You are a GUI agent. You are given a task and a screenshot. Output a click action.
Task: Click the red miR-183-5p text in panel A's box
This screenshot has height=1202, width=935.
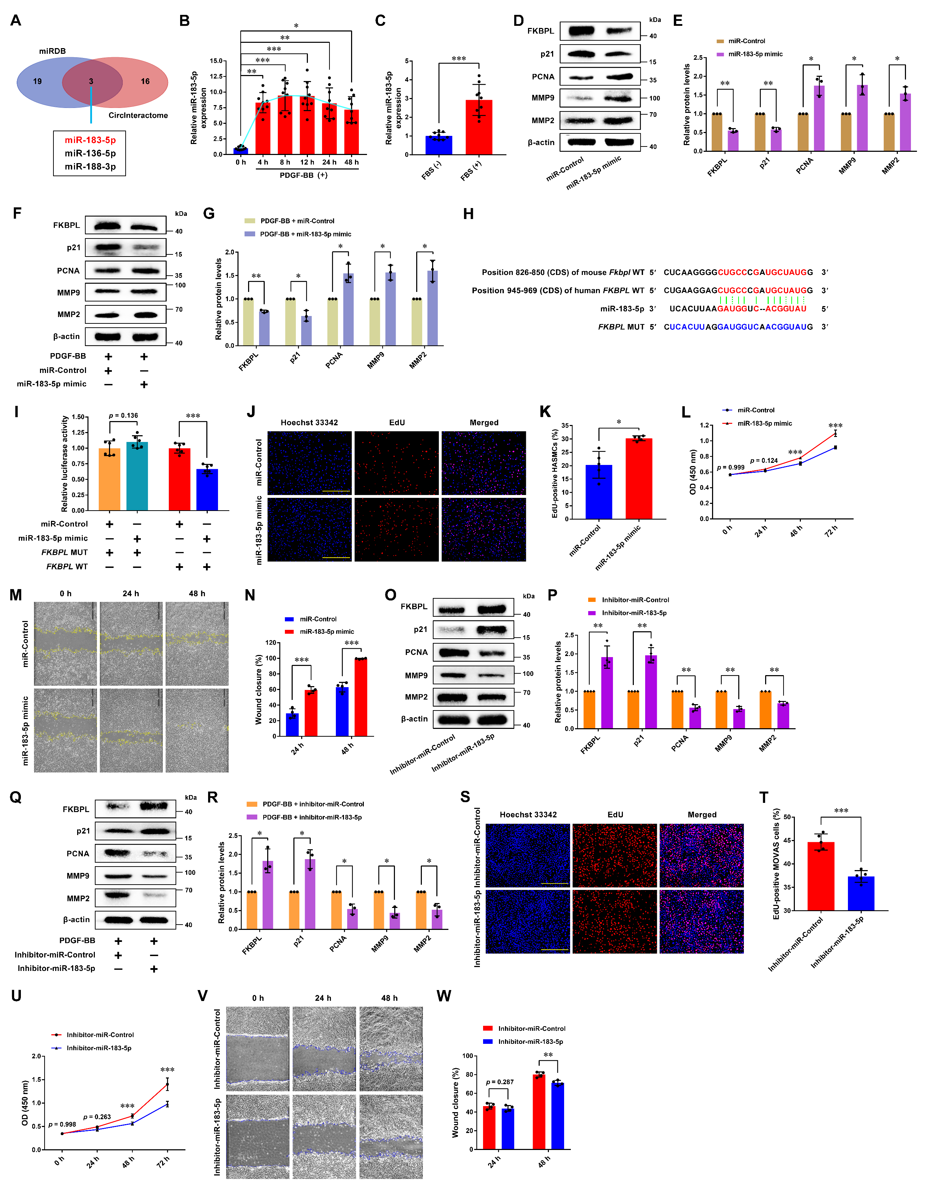tap(90, 140)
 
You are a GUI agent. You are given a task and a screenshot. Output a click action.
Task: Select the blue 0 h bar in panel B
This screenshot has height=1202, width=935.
tap(241, 150)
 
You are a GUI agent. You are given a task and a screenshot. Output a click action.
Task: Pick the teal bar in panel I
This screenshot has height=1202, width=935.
tap(137, 476)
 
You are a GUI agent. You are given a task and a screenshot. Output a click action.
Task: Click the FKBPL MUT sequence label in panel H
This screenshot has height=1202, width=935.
tap(621, 327)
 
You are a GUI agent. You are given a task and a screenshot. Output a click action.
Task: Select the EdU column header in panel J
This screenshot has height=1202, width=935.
tap(397, 423)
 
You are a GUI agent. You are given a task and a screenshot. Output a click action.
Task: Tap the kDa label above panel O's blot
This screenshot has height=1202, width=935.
tap(528, 596)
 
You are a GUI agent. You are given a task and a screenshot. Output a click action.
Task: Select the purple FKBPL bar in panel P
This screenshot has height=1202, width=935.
tap(607, 692)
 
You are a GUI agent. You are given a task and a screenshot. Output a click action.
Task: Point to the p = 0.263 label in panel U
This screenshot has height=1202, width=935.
tap(97, 1117)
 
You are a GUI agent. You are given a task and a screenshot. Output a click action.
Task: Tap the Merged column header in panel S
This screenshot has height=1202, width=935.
tap(702, 815)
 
